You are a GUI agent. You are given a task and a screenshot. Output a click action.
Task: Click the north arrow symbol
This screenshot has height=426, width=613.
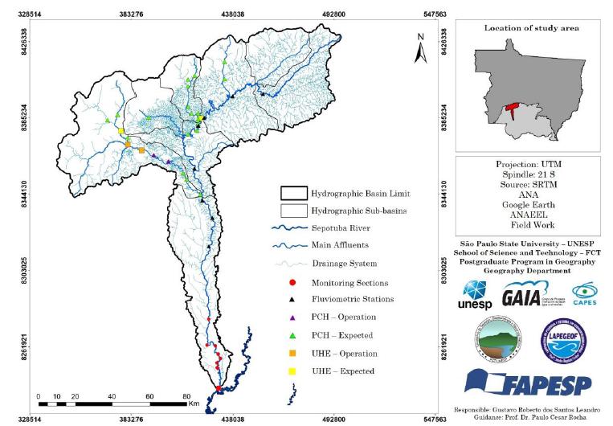click(419, 49)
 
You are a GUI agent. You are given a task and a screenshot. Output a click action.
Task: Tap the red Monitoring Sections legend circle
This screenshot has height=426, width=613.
click(292, 283)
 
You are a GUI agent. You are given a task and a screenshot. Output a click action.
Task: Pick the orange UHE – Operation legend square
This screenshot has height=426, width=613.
click(292, 354)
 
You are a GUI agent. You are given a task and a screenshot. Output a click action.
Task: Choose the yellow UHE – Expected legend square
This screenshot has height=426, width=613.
click(292, 371)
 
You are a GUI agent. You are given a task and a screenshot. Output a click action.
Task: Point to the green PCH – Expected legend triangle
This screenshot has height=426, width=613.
click(292, 336)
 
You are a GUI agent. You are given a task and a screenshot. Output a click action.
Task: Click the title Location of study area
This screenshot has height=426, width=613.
click(531, 28)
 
